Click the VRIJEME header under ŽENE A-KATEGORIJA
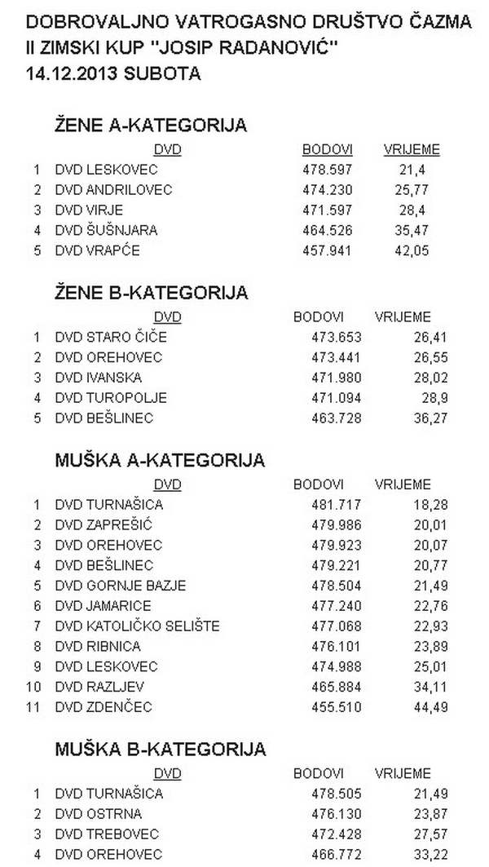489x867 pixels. point(412,149)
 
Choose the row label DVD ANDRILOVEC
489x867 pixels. point(113,190)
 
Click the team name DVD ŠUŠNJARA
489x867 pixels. point(106,230)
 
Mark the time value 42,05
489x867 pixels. point(412,250)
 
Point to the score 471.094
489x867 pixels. point(337,397)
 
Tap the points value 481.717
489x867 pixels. point(337,504)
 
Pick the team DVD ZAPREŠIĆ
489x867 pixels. point(104,524)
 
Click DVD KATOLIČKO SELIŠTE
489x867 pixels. point(137,626)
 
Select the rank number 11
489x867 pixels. point(33,706)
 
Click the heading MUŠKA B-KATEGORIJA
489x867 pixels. point(160,749)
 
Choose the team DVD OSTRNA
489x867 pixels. point(98,813)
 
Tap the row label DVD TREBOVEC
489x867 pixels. point(107,834)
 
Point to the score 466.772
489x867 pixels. point(337,854)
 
